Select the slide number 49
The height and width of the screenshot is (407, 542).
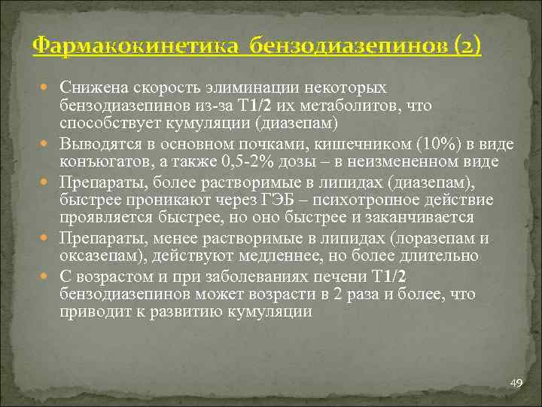coord(516,384)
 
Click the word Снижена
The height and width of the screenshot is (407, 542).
coord(92,87)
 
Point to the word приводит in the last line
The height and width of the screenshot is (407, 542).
coord(91,311)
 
